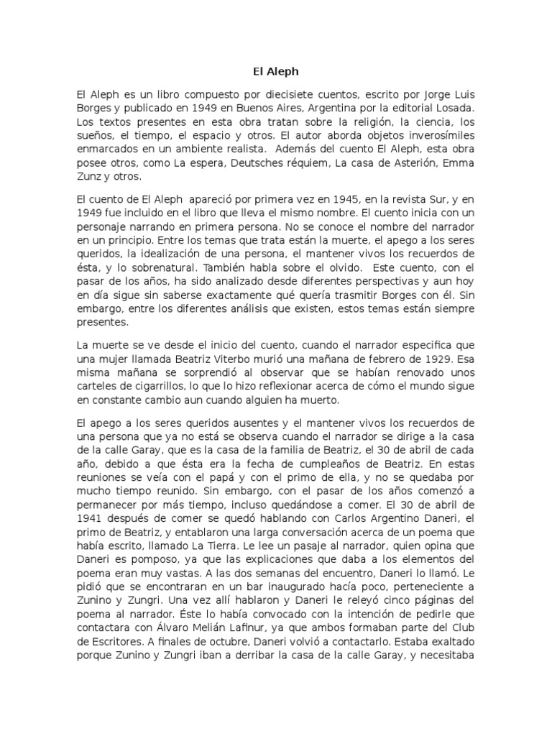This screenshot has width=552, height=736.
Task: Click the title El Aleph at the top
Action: tap(276, 71)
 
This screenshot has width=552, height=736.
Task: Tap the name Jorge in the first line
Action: tap(410, 95)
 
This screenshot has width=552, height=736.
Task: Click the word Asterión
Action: tap(417, 163)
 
